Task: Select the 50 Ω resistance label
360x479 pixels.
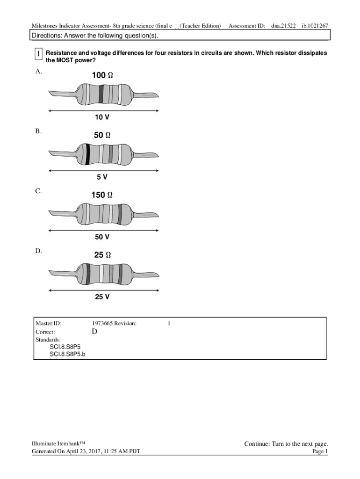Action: click(x=102, y=135)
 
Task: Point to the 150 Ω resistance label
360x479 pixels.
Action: click(x=101, y=195)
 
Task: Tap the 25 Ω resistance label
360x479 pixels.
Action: click(x=102, y=255)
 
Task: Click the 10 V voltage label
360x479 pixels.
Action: click(x=103, y=117)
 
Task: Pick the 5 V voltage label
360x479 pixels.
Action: click(x=102, y=177)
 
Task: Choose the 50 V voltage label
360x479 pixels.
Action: click(x=102, y=237)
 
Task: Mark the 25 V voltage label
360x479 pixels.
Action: click(x=102, y=297)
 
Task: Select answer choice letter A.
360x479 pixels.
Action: click(x=38, y=72)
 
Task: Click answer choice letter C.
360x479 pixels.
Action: click(x=38, y=191)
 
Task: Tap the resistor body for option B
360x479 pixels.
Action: click(x=104, y=154)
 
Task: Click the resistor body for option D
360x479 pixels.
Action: click(x=104, y=274)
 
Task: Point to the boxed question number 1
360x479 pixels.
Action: click(x=38, y=55)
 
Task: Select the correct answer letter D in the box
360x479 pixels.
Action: click(x=94, y=332)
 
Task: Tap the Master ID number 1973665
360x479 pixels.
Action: click(x=102, y=323)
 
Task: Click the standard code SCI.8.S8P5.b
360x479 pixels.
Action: click(x=71, y=354)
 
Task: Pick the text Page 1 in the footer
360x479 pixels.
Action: click(x=320, y=451)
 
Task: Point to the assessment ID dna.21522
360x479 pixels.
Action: click(x=283, y=25)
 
